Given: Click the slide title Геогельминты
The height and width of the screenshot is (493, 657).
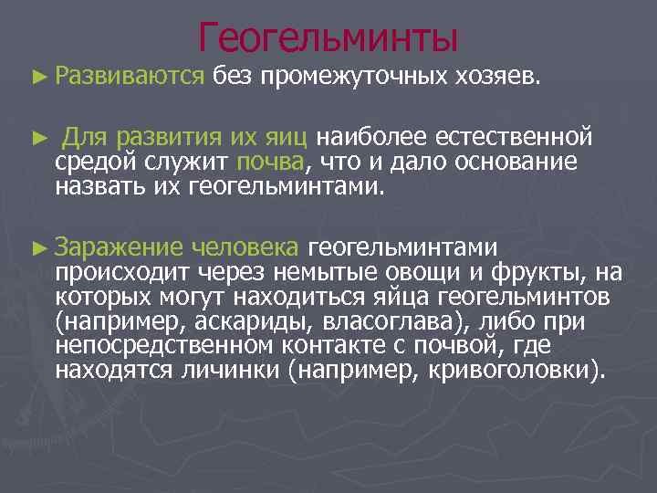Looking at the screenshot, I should tap(328, 37).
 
